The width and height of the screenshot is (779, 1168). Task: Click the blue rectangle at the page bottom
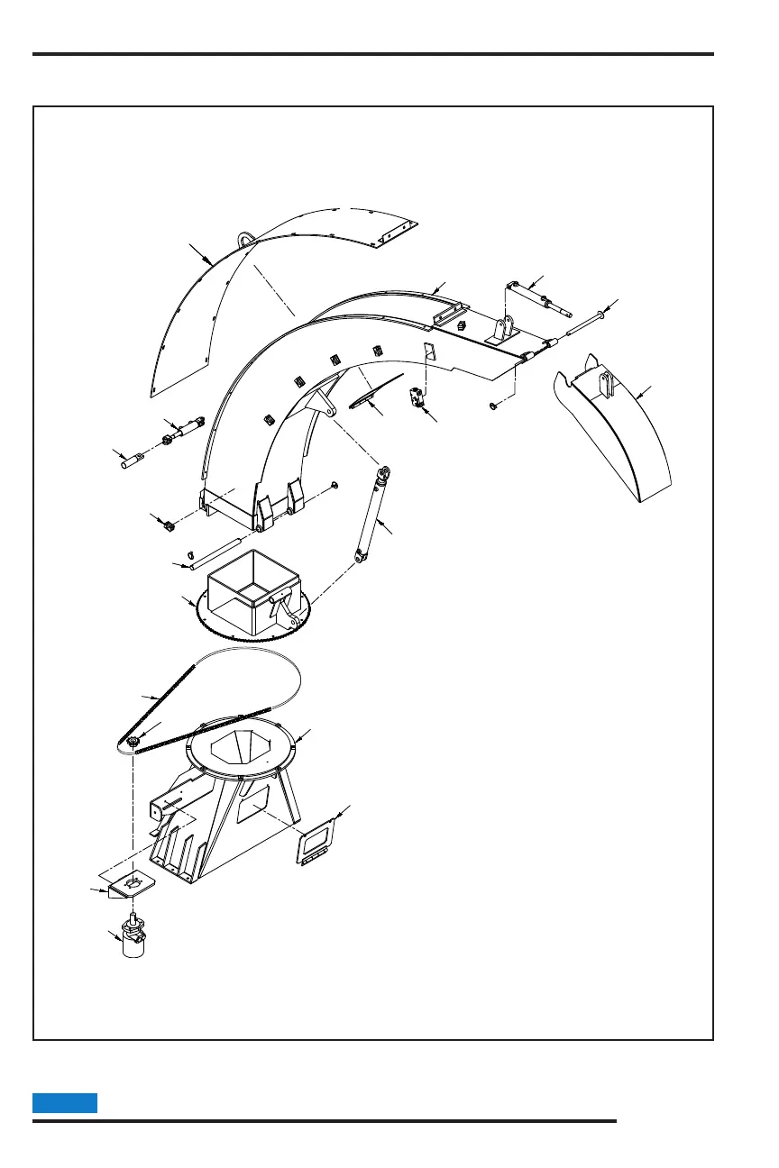coord(65,1102)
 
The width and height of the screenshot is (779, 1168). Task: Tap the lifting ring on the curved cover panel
coord(244,239)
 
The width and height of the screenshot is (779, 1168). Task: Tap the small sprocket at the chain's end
coord(133,742)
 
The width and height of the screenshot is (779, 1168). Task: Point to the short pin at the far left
coord(132,461)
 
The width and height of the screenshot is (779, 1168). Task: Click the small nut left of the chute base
coord(168,525)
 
